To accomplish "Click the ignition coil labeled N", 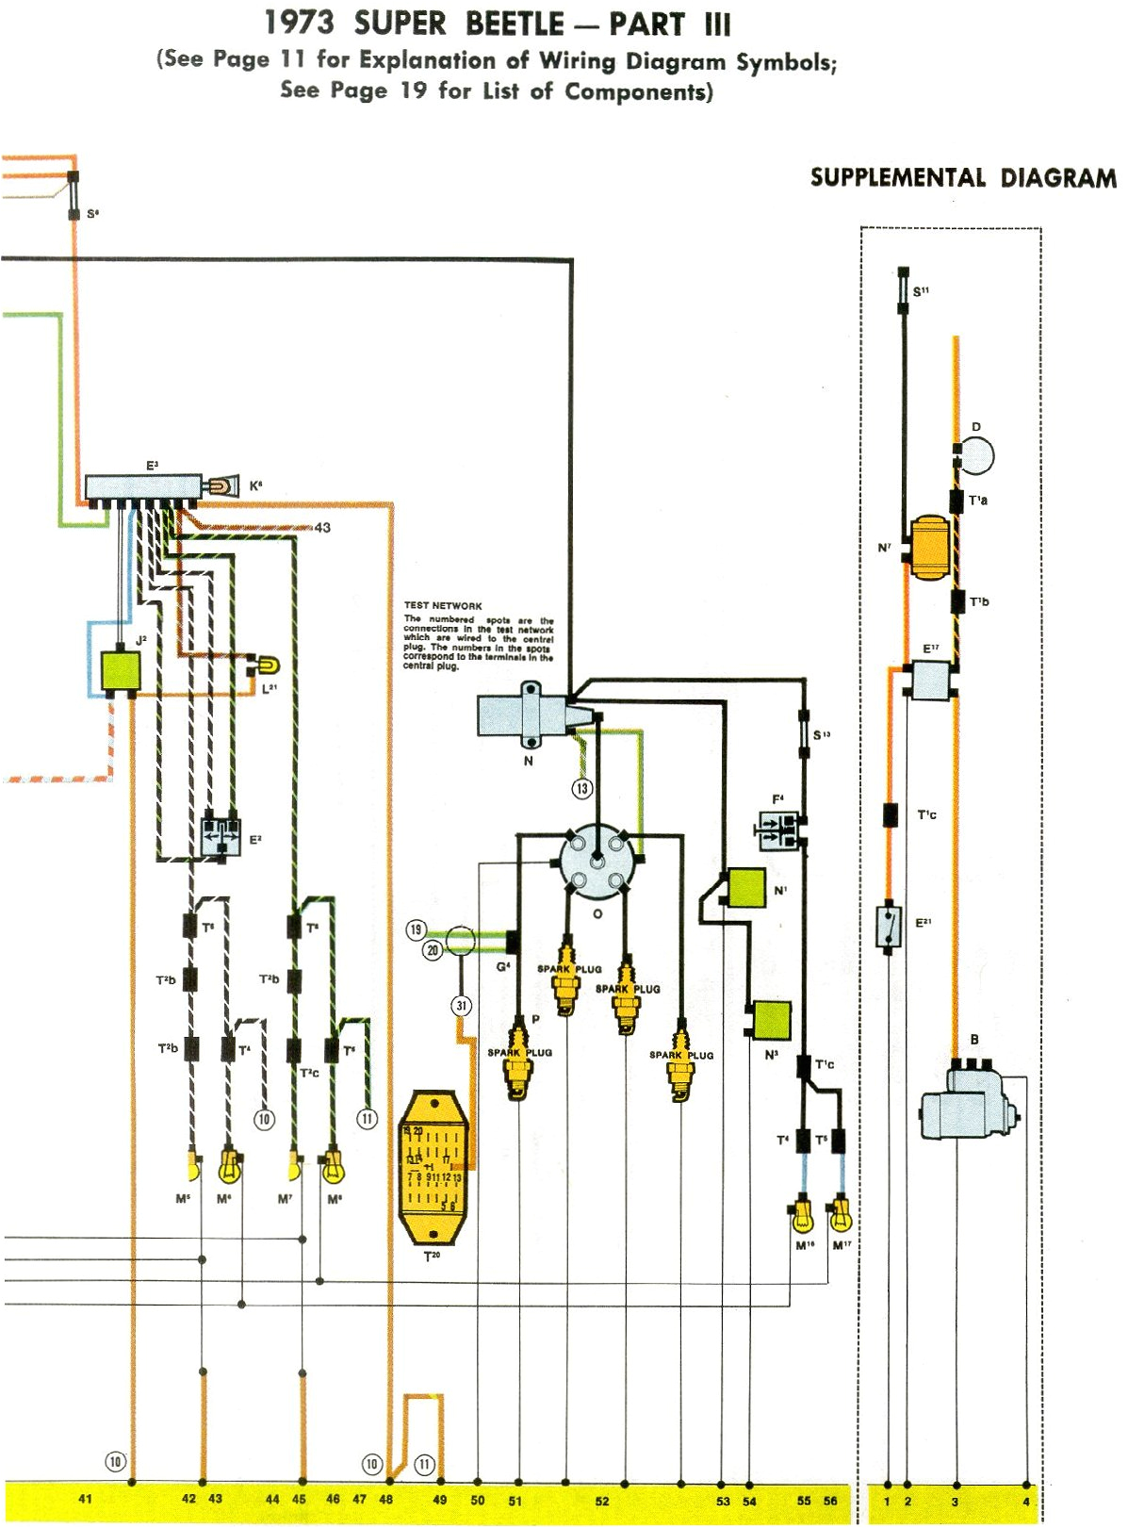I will [521, 715].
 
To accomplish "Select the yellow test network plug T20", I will [433, 1168].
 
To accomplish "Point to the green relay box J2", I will [120, 671].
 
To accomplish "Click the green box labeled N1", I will [746, 888].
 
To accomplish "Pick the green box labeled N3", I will [771, 1020].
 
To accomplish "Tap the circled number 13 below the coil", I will [582, 788].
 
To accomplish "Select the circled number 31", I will [461, 1006].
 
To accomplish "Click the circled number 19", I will [416, 929].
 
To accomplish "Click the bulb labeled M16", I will [802, 1217].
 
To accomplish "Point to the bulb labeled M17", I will [841, 1215].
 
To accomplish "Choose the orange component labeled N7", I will [928, 547].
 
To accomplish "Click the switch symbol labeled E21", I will [888, 926].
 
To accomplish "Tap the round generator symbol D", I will [976, 456].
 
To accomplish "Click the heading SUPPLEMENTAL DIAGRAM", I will [963, 178].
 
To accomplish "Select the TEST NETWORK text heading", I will [443, 605].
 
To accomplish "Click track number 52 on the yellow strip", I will [601, 1501].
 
